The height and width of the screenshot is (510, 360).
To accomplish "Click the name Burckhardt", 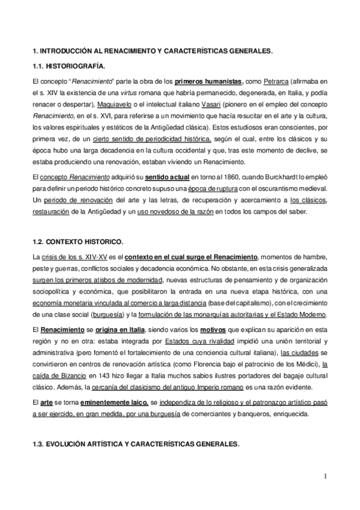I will click(281, 176).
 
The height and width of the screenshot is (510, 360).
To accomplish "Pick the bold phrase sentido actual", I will click(165, 176).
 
